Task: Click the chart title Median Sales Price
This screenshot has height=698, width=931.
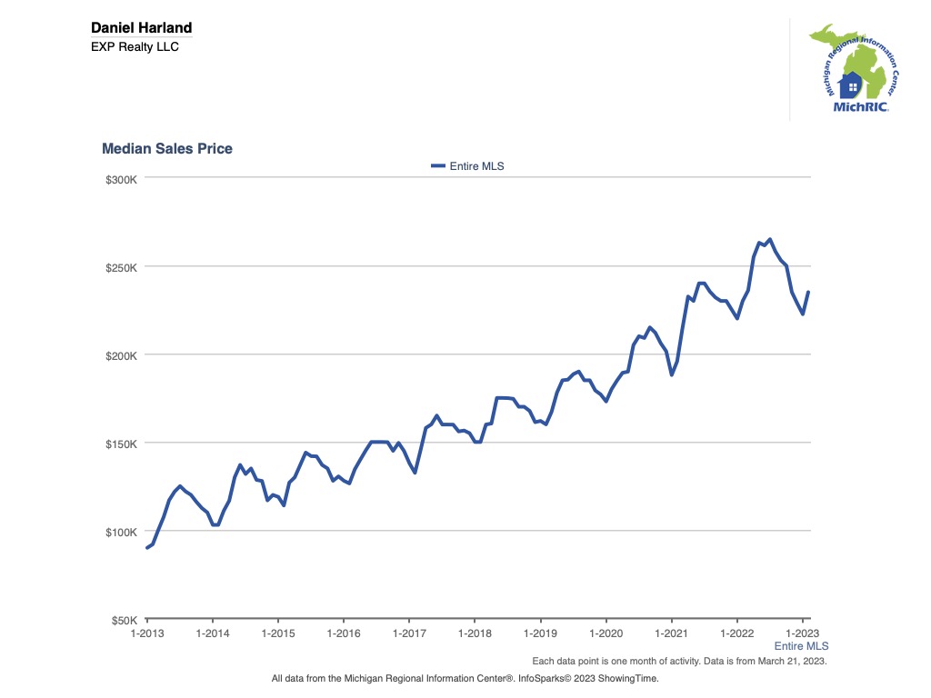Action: point(166,148)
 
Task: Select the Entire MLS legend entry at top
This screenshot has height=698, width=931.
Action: point(467,166)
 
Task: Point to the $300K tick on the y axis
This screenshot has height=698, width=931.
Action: point(120,179)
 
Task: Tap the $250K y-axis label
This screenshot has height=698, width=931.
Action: point(120,267)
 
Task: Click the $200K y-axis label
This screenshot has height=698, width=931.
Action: point(120,355)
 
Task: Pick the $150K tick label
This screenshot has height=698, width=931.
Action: point(120,444)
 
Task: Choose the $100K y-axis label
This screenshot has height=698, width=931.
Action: point(120,532)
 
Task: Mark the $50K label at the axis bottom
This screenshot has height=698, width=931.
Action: point(123,620)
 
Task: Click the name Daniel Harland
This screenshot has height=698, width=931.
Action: point(141,28)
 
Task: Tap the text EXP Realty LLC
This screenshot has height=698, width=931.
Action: point(135,46)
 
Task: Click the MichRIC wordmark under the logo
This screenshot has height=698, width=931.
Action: point(860,106)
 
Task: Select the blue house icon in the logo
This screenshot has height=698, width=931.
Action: point(851,85)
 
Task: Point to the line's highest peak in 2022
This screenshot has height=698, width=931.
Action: point(770,240)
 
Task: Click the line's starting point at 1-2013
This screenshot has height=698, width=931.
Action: point(147,547)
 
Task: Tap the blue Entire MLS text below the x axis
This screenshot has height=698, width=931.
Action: point(801,645)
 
